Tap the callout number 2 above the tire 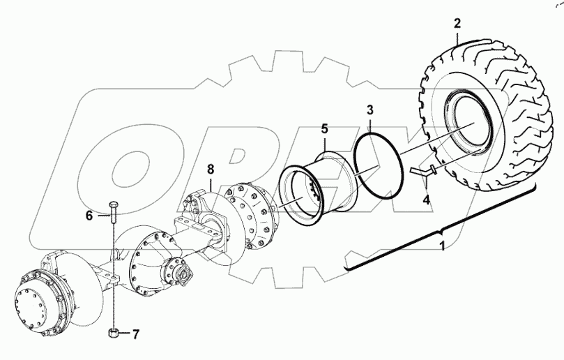tap(457, 23)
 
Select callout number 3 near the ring tap(370, 110)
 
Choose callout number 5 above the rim tap(323, 129)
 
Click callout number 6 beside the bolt tap(89, 216)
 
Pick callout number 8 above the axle tap(211, 169)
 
